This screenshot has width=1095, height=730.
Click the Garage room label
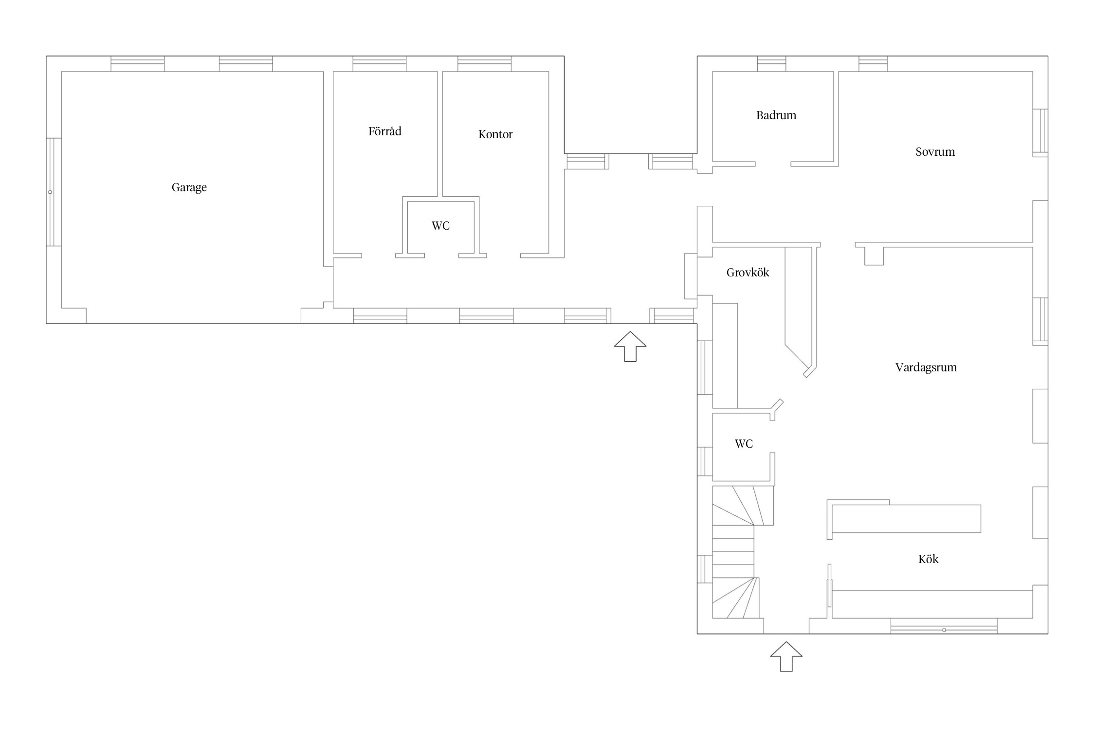coord(189,187)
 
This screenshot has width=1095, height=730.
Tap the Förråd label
coord(385,131)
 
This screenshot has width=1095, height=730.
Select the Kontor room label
coord(495,134)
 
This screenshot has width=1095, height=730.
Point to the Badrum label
coord(776,115)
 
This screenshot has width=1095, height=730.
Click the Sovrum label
coord(935,152)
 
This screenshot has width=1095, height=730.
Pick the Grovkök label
coord(748,272)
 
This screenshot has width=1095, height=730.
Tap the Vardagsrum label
coord(926,367)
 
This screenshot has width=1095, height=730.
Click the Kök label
coord(929,559)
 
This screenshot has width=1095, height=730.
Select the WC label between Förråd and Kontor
coord(441,226)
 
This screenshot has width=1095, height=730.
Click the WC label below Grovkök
coord(744,444)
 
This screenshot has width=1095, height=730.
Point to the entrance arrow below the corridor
coord(630,347)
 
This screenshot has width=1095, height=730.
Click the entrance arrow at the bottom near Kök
coord(786,657)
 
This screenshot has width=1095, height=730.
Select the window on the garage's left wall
coord(54,192)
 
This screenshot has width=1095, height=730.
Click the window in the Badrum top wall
coord(771,64)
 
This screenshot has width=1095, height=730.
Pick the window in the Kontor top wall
coord(484,64)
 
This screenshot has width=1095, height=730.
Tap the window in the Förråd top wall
coord(380,64)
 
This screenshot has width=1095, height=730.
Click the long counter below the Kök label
coord(932,604)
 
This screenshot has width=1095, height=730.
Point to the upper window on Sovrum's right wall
coord(1040,133)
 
